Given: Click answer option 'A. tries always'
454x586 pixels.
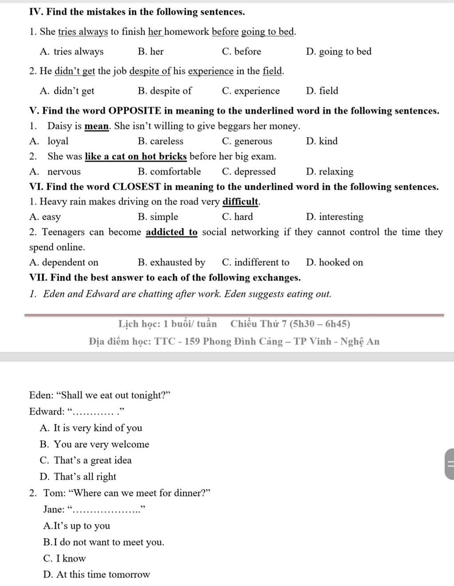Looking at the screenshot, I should click(71, 52).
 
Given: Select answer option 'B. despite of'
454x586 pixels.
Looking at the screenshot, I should click(164, 91).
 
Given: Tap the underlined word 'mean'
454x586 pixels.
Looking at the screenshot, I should click(97, 126).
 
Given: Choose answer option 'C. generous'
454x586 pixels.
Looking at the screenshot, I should click(247, 141).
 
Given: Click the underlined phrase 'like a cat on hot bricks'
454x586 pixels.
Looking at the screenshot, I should click(136, 156).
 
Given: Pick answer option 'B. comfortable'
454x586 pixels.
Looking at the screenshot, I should click(169, 172).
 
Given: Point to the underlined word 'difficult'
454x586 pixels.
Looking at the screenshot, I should click(240, 202).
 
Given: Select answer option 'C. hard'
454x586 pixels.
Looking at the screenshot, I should click(237, 217).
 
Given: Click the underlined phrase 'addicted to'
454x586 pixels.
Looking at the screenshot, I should click(172, 232).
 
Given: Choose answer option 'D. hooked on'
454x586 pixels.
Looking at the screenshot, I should click(334, 262).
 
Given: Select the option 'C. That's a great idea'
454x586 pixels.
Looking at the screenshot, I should click(86, 461).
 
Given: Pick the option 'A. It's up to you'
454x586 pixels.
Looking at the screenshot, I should click(77, 526).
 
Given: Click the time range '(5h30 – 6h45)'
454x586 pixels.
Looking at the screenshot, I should click(320, 324).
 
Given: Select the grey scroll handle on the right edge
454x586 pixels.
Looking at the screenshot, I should click(449, 464).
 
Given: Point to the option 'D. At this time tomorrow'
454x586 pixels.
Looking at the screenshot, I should click(97, 575).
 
